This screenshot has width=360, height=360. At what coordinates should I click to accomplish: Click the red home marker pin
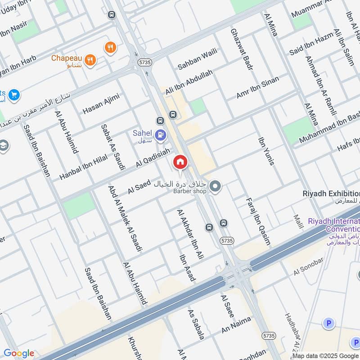coord(180,162)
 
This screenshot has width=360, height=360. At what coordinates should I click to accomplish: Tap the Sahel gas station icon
coord(160,134)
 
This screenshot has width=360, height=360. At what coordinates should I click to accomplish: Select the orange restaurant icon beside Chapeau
coord(90,59)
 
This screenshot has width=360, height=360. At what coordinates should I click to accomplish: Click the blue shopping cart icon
coord(14,94)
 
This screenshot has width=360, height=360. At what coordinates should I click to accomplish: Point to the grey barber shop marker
coord(216,185)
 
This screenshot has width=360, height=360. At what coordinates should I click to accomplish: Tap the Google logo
coord(19,353)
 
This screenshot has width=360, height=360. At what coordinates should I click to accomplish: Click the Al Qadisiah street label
coord(153,157)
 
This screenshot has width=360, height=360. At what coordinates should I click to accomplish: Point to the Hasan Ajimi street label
coord(101,103)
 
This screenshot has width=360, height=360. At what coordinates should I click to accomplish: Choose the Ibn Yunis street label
coord(265,151)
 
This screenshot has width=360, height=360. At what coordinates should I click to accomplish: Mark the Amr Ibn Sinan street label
coord(257,87)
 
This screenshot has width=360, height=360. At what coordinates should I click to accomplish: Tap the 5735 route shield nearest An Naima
coord(269,336)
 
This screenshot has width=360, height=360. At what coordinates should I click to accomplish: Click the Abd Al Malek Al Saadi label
coord(125,218)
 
